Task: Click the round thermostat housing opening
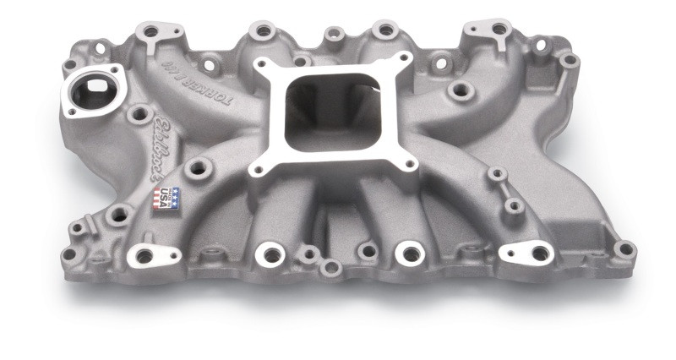click(x=91, y=90)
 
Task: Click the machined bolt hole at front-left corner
click(x=144, y=254)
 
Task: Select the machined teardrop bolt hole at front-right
click(x=537, y=252)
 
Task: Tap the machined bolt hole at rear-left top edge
click(x=150, y=31)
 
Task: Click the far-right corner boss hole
click(x=624, y=248)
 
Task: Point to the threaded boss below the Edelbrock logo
click(x=199, y=168)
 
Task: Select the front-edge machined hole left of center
click(x=270, y=252)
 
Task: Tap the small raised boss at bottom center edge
click(x=331, y=268)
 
